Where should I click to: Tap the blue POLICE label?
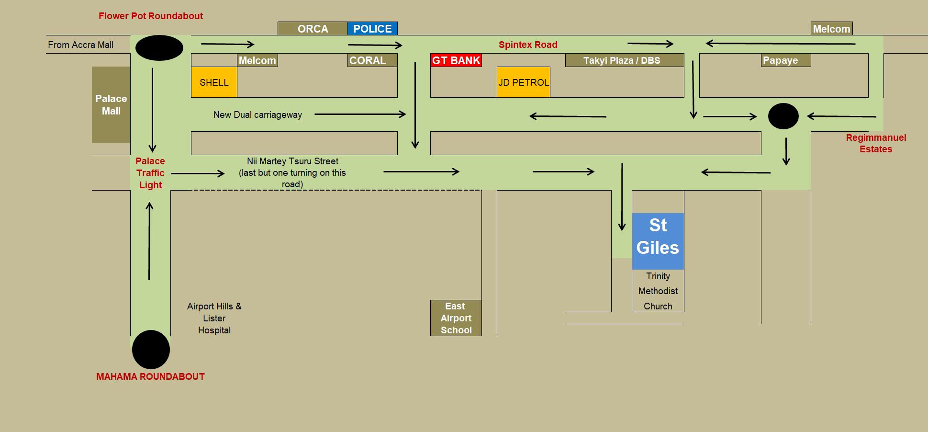(x=372, y=29)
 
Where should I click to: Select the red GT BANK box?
(x=456, y=60)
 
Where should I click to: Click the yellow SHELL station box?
(x=214, y=82)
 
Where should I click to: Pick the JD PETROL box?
(x=523, y=82)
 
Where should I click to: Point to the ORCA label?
(x=313, y=29)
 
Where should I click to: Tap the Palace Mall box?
(x=111, y=104)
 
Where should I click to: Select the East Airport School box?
(x=456, y=318)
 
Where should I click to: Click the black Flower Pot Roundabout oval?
(x=159, y=48)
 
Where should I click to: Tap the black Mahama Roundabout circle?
(x=151, y=350)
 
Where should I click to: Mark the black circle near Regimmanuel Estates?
(x=783, y=116)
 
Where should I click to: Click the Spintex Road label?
(x=528, y=45)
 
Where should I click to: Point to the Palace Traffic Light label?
(x=150, y=173)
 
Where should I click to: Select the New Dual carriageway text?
(x=257, y=115)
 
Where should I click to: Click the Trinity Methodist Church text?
(x=658, y=291)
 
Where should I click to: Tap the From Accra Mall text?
(x=80, y=45)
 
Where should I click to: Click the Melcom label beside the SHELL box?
(x=257, y=60)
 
